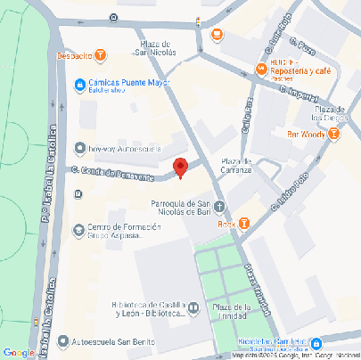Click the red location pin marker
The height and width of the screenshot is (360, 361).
[180, 167]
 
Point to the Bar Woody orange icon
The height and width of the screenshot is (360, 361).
[333, 134]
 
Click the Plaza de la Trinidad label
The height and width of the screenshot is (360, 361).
[234, 311]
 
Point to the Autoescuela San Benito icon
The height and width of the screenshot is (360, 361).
[62, 340]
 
